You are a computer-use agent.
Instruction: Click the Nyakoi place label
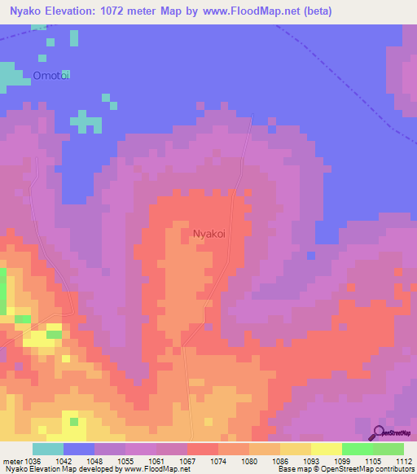[x=208, y=234]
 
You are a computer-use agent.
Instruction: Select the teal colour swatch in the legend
[x=48, y=449]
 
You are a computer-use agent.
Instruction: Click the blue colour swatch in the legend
[x=79, y=449]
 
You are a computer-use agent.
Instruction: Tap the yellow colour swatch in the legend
[x=327, y=449]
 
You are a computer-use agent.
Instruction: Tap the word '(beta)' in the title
[x=315, y=11]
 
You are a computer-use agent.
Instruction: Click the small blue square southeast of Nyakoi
[x=311, y=256]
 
